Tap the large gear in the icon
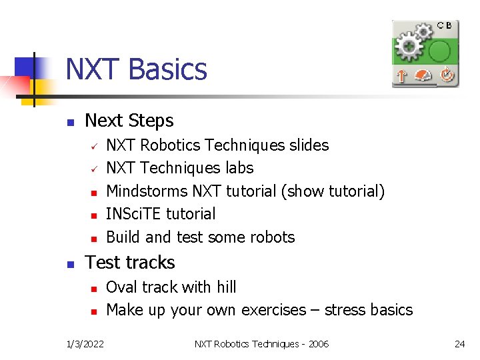(408, 47)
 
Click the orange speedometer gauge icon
(423, 76)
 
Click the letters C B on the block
(445, 25)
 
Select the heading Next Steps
(129, 121)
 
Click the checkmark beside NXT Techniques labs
(95, 168)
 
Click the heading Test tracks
(130, 263)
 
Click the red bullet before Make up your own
(95, 311)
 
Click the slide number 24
(459, 344)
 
